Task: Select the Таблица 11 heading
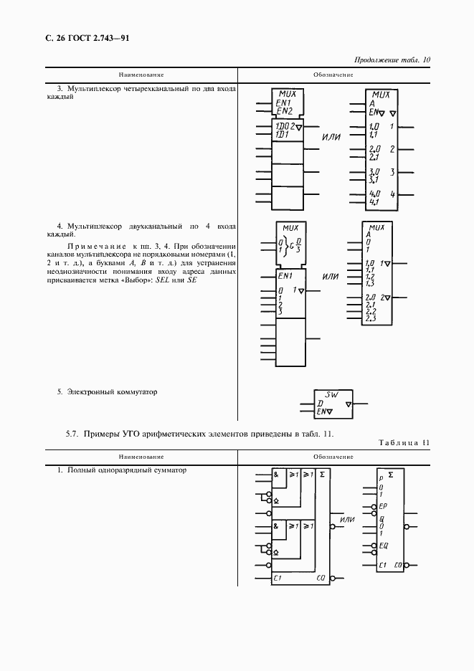(404, 442)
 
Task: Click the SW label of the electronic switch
(331, 395)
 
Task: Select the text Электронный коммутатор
(112, 392)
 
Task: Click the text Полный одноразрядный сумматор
(126, 470)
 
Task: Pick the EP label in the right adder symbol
(384, 506)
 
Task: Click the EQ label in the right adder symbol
(384, 545)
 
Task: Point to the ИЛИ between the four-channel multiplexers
(331, 137)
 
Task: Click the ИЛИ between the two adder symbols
(348, 519)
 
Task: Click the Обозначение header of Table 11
(333, 456)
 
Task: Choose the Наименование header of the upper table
(141, 75)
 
